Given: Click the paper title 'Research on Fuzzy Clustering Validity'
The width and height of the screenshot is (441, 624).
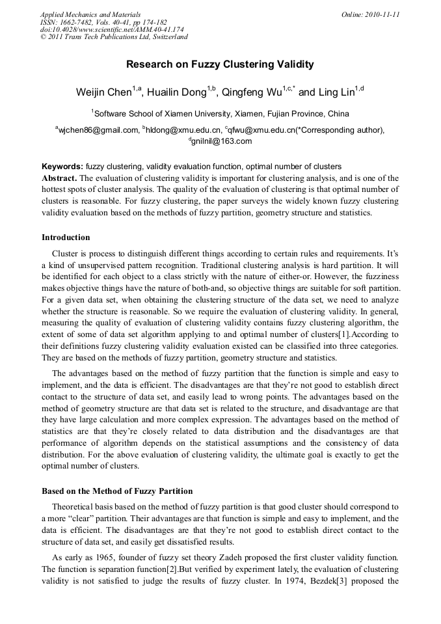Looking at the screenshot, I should tap(220, 64).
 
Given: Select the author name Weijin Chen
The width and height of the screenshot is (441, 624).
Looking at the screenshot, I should tap(103, 92).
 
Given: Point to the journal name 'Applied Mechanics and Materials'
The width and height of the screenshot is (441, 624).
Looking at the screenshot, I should tap(90, 14).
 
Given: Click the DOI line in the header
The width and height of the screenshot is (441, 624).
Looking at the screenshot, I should tap(112, 29).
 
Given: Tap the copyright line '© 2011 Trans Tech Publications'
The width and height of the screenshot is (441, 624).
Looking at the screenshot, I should tap(114, 37).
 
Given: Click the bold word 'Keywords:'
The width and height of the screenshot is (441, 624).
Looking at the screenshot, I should tap(62, 167).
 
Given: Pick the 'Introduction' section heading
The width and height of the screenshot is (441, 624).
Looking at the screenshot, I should tap(66, 237).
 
